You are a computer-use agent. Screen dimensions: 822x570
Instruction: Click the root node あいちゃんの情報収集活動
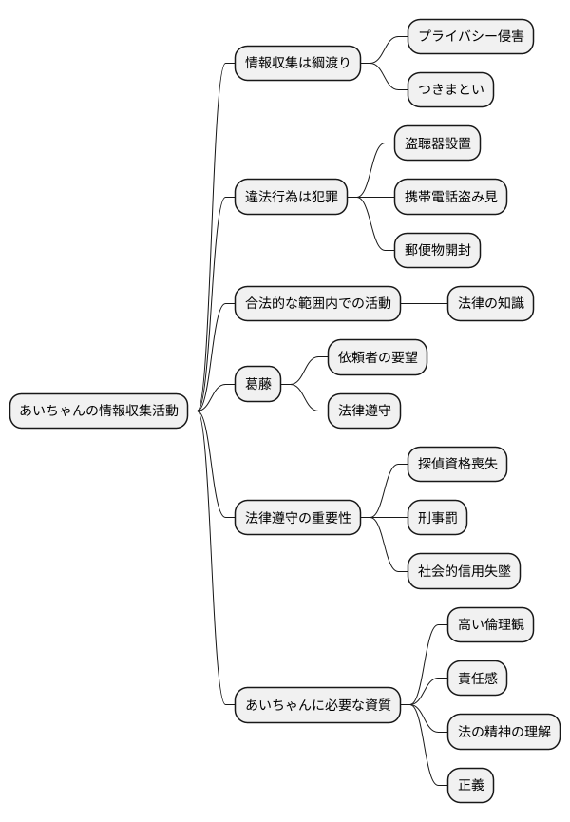[99, 411]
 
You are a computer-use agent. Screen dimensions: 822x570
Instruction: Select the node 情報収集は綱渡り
[297, 64]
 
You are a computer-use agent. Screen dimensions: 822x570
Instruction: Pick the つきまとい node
[450, 90]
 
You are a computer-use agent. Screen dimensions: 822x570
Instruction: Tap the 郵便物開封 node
[437, 251]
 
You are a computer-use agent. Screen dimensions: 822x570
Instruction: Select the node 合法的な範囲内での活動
[317, 304]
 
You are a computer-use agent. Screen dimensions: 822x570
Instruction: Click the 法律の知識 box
[489, 304]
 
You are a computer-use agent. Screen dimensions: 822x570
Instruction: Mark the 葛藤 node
[258, 384]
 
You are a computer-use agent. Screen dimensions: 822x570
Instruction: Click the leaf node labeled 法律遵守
[364, 411]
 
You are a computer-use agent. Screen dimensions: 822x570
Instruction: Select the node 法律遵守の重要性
[297, 518]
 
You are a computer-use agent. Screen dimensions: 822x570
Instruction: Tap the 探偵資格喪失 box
[457, 465]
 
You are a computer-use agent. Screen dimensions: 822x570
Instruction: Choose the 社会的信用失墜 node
[464, 572]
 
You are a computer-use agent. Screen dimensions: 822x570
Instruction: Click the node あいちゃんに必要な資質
[317, 705]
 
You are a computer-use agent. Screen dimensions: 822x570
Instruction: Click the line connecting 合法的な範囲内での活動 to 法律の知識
[424, 304]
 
